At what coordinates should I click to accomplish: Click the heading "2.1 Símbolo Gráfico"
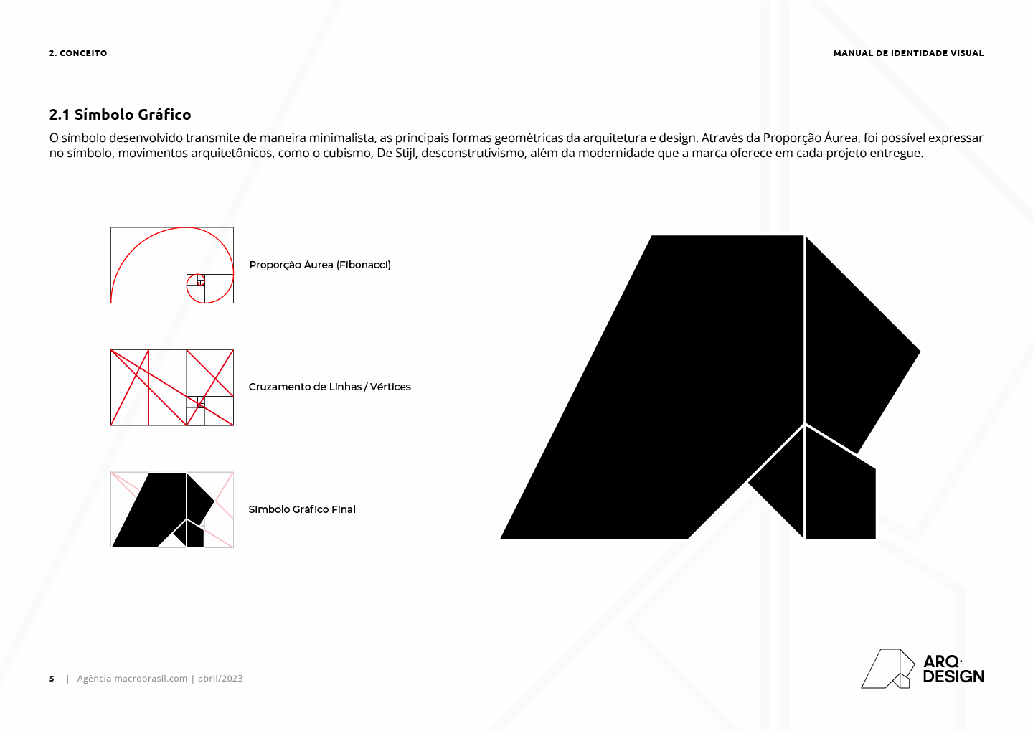pos(120,115)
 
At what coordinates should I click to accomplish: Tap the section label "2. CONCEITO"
pos(78,53)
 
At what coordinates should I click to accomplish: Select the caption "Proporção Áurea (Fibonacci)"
pos(320,265)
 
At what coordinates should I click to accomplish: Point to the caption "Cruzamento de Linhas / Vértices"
pos(329,387)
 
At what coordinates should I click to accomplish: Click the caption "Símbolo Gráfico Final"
pos(301,509)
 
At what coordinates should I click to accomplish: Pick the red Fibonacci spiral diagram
pos(172,265)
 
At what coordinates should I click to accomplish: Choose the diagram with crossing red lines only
pos(172,387)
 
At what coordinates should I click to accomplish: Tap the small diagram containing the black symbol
pos(172,509)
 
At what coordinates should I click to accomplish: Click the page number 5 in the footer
pos(52,679)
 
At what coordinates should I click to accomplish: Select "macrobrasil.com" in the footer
pos(151,679)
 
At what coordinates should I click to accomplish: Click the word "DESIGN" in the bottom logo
pos(953,676)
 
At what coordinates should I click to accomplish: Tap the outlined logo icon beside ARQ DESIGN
pos(887,669)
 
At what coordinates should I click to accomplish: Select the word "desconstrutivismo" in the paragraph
pos(473,153)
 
